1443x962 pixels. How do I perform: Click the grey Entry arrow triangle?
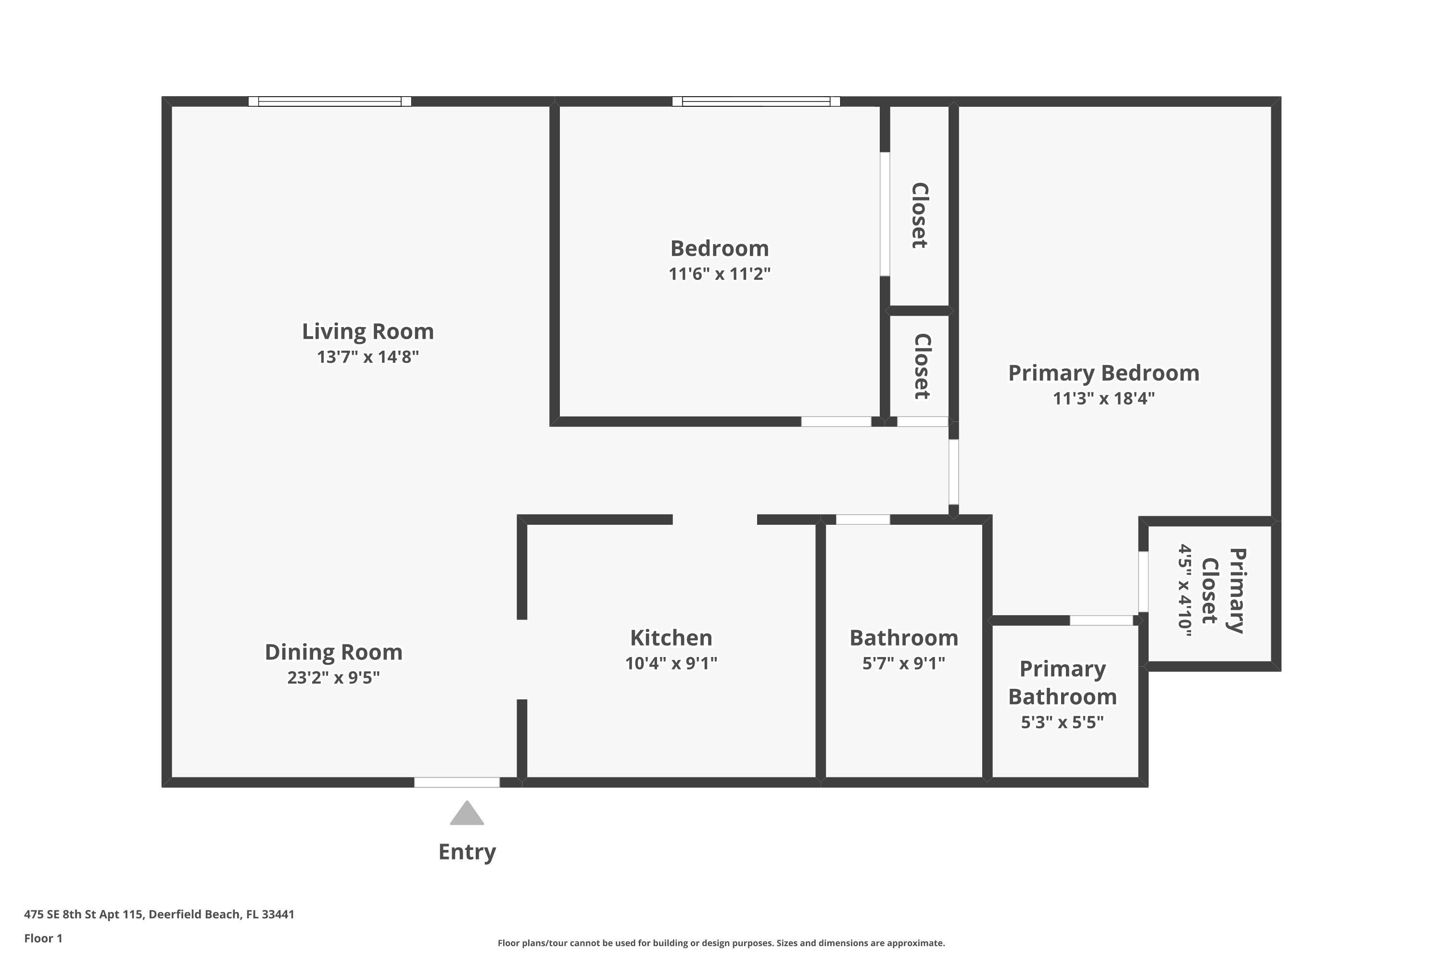pos(467,814)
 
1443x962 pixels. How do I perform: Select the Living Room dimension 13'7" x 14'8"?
pos(367,356)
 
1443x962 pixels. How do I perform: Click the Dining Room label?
pos(333,652)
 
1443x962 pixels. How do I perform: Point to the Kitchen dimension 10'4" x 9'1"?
pos(671,663)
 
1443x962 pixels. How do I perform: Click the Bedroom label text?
pos(719,249)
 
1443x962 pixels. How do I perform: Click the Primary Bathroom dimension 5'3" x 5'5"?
pos(1062,722)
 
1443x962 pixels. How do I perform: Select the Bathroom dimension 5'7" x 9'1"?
pos(903,663)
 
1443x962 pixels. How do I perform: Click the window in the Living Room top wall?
pos(329,101)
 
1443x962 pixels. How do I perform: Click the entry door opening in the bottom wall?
pos(456,782)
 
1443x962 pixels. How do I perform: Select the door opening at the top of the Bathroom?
pos(862,519)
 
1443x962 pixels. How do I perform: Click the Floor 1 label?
pos(43,938)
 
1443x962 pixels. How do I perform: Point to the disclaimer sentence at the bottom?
pos(721,943)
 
